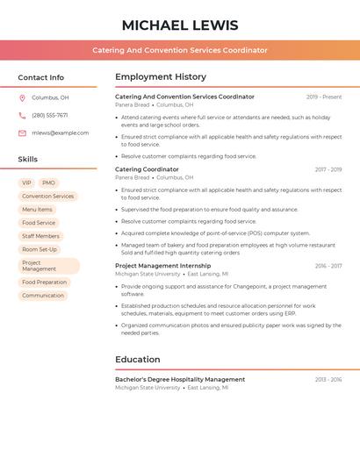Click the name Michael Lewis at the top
180,25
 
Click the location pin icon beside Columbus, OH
22,98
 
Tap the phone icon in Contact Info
22,116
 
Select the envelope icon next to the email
22,133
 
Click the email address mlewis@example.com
60,133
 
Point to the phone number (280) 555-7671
50,116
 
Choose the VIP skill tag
26,183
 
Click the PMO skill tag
48,183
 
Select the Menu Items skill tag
37,210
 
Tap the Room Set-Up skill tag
40,249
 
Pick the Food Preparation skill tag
44,283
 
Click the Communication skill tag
43,296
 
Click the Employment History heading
161,77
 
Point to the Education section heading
138,360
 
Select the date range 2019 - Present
324,97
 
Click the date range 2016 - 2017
328,266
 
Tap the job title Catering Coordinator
147,169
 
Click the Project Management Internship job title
163,266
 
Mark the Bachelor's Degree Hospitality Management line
180,380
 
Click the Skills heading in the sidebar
28,160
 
